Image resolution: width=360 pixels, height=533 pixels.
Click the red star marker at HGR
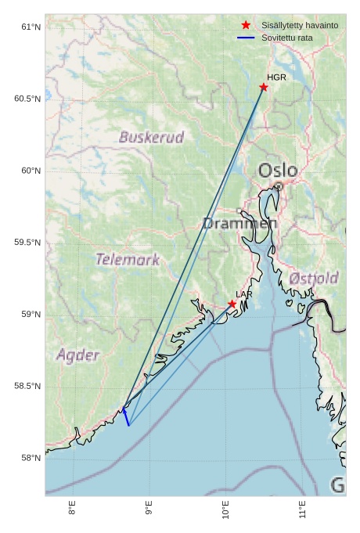(x=264, y=87)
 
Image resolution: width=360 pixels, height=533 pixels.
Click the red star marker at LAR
(x=232, y=304)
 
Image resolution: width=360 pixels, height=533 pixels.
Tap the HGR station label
(x=276, y=77)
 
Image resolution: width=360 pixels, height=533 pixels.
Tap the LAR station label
(x=244, y=294)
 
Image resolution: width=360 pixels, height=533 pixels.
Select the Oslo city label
(x=278, y=171)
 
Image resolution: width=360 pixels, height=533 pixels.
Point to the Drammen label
(x=239, y=224)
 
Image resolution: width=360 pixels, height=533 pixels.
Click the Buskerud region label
(x=151, y=138)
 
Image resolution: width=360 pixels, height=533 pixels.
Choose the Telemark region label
(x=128, y=259)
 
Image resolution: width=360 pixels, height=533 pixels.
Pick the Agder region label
(x=78, y=355)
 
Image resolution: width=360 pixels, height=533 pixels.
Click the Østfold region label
(x=313, y=279)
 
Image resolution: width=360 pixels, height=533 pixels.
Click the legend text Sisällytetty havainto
(x=300, y=26)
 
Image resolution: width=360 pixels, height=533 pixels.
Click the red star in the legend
(x=247, y=25)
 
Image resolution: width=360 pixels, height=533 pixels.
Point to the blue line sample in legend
(x=247, y=38)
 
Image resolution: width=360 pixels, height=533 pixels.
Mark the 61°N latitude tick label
(x=30, y=27)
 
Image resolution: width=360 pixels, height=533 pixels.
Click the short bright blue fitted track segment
(x=125, y=416)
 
